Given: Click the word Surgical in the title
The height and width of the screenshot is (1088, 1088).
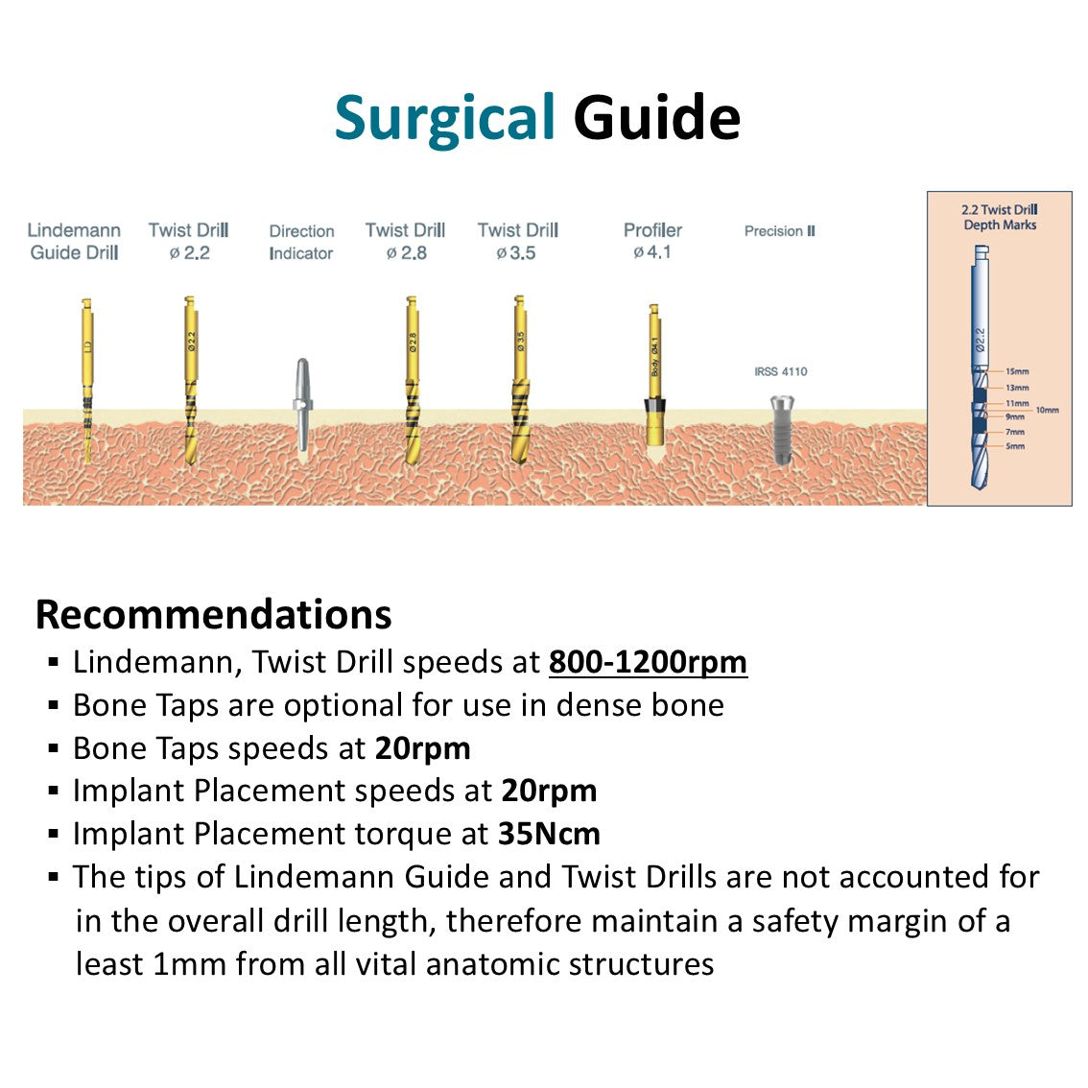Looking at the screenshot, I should (x=444, y=119).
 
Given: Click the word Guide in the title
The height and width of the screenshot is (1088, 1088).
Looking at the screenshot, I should (x=656, y=119).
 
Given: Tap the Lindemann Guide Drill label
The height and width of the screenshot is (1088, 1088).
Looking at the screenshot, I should (x=74, y=242).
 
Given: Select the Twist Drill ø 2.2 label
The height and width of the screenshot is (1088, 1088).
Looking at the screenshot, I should (x=188, y=242).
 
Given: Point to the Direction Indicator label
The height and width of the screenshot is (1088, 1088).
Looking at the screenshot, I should (x=301, y=242).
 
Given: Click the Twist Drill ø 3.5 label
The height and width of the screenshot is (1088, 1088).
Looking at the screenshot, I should (x=517, y=242).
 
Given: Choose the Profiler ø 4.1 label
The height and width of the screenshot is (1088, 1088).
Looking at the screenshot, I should (x=652, y=241).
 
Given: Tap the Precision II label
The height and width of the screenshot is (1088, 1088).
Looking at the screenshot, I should (x=779, y=231).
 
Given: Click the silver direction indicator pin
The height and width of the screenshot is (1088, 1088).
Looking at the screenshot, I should (x=302, y=403).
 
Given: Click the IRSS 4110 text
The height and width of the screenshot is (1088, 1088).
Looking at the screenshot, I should (x=780, y=371).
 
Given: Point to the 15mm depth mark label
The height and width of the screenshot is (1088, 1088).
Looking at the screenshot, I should (x=1017, y=371).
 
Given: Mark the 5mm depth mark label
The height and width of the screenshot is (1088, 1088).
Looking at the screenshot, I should (x=1015, y=446).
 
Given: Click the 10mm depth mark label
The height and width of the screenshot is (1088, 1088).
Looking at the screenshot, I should (x=1047, y=410).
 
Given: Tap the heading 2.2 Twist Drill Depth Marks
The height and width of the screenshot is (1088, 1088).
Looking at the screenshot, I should (x=999, y=217).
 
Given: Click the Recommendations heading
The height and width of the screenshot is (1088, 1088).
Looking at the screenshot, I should (x=213, y=615).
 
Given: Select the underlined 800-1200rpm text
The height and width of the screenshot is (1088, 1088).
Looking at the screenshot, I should (x=648, y=662).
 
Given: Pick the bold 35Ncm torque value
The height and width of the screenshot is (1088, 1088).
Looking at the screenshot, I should (x=549, y=834).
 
